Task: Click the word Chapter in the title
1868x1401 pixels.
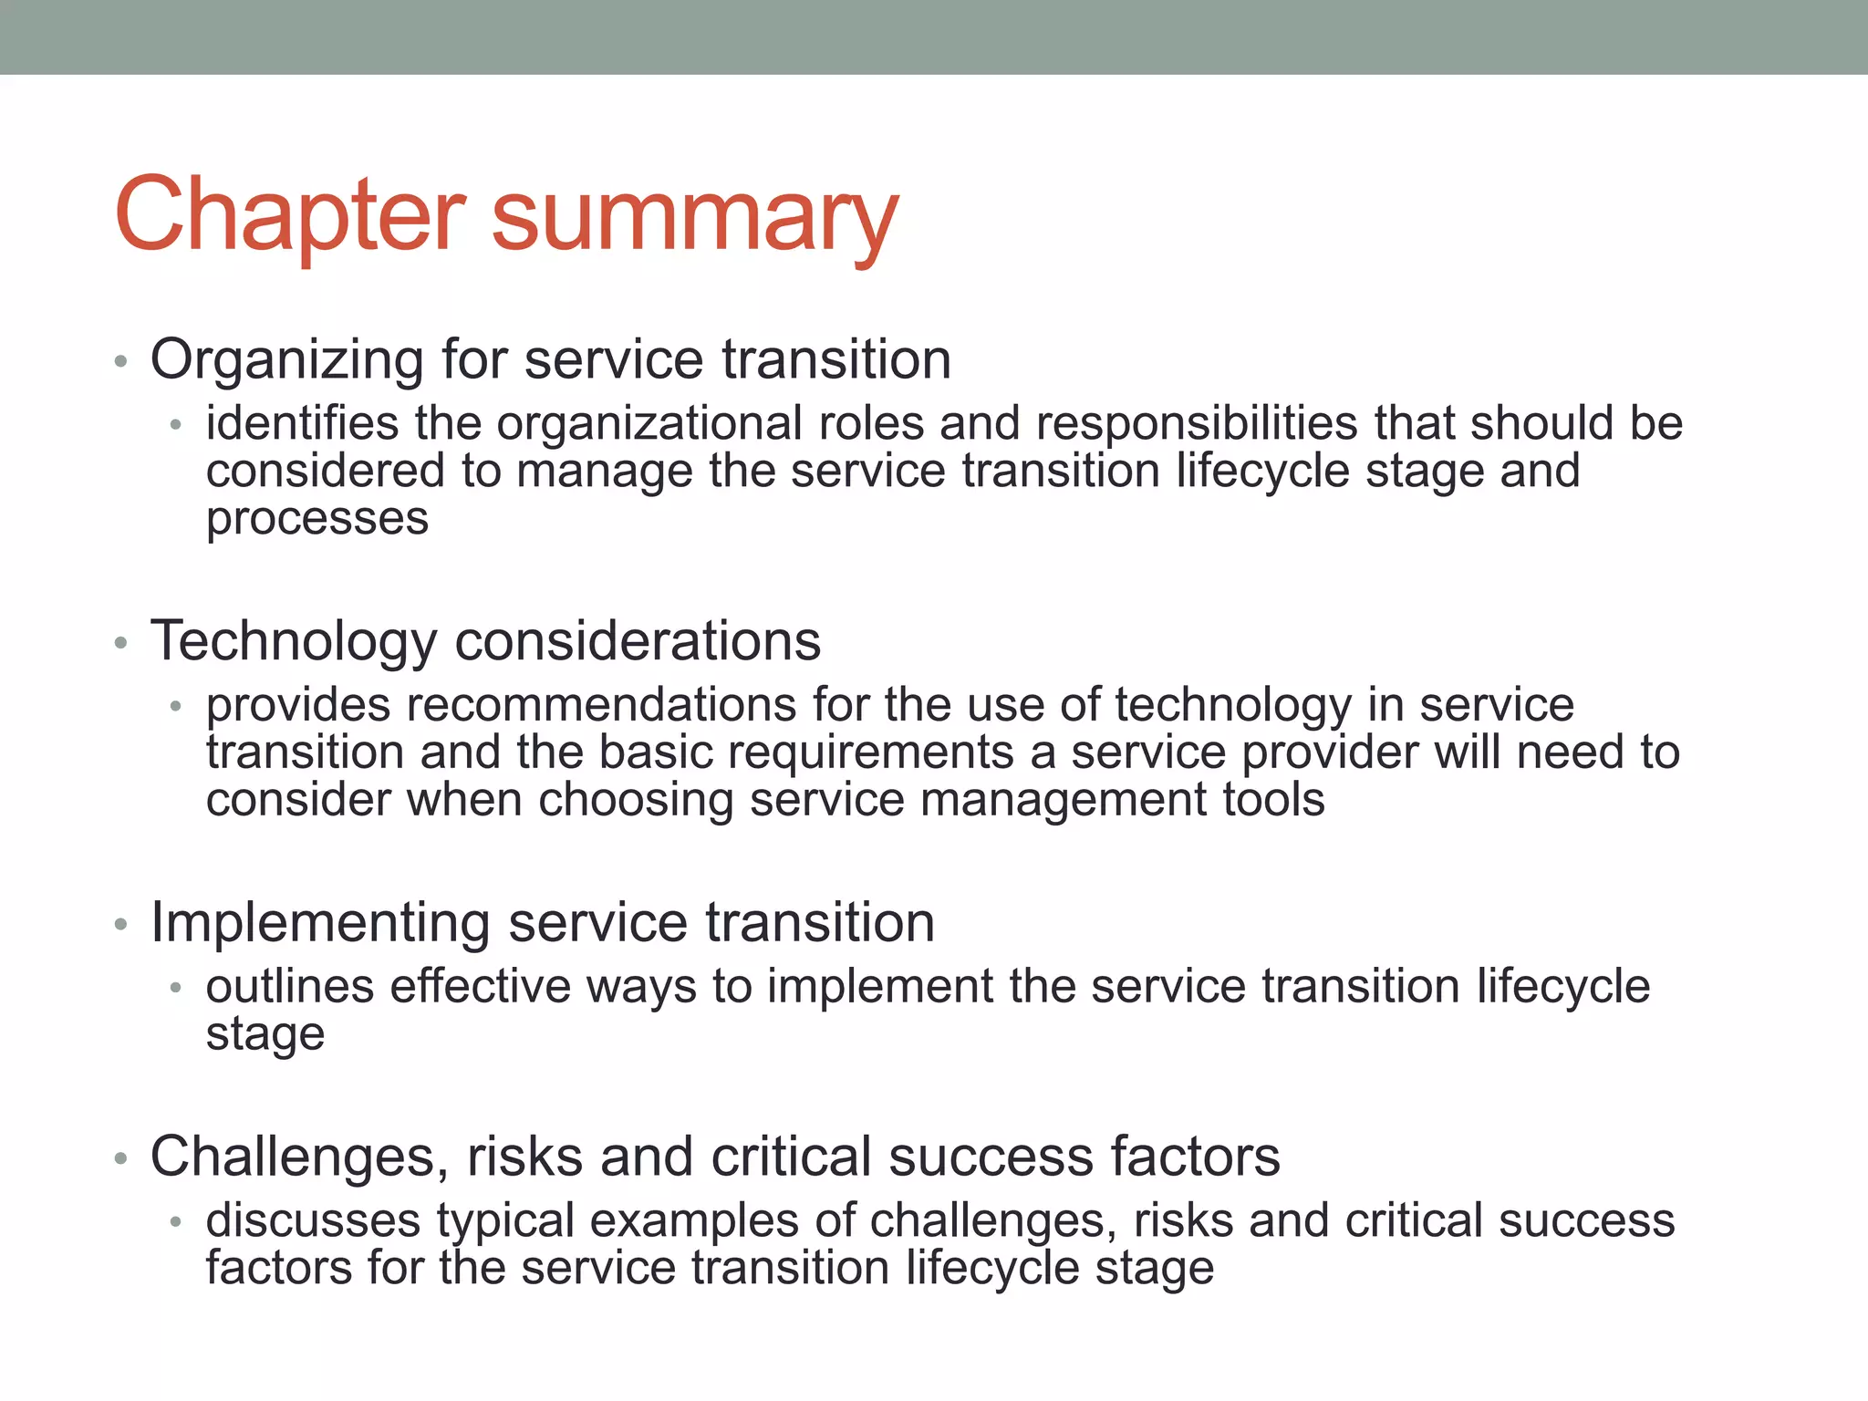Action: (x=290, y=215)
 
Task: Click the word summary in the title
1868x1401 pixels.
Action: (x=695, y=219)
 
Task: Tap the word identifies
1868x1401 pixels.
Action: (x=302, y=423)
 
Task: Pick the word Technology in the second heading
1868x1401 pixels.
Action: (x=294, y=642)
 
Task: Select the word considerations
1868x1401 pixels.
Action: (x=638, y=640)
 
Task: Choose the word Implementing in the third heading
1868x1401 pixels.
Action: (x=320, y=924)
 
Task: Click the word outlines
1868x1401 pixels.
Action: (x=290, y=987)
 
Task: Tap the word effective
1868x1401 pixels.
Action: (x=479, y=987)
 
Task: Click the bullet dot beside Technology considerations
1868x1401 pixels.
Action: (x=120, y=644)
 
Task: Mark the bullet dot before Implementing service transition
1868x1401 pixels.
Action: (x=120, y=926)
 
